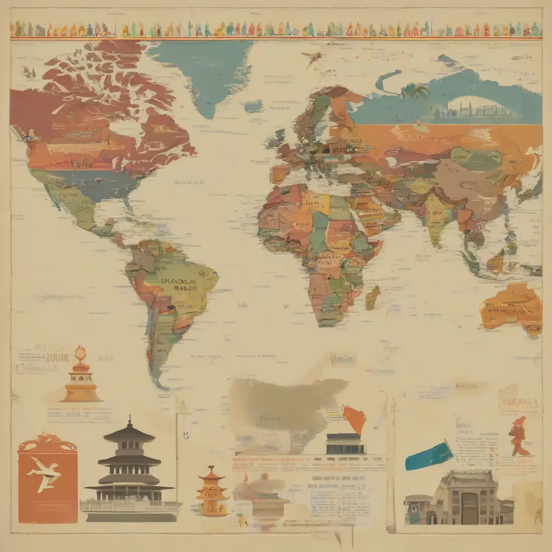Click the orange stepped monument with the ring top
click(81, 377)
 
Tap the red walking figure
click(520, 437)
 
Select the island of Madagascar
click(372, 297)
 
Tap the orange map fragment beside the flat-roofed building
click(355, 418)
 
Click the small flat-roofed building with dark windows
click(345, 443)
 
